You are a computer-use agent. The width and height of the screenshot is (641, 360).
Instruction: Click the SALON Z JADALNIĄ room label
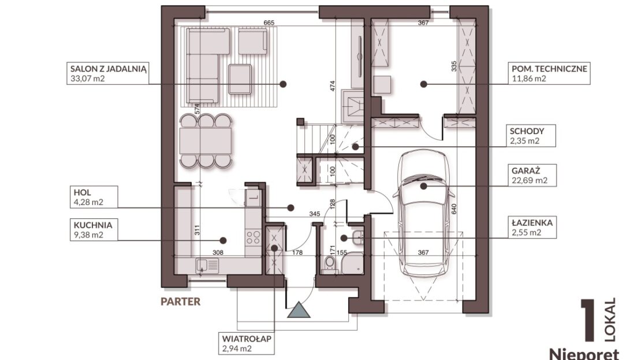coord(107,73)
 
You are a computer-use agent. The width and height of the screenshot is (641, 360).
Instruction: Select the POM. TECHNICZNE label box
coord(549,73)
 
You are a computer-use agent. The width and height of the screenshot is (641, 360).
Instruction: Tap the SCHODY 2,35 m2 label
coord(531,136)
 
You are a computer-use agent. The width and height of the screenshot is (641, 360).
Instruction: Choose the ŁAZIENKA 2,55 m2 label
coord(532,228)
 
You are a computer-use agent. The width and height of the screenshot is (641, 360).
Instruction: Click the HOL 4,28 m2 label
coord(94,197)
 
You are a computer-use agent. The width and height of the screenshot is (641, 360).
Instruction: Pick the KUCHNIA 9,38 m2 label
coord(94,230)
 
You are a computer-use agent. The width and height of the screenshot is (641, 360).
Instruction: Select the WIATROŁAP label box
coord(247,344)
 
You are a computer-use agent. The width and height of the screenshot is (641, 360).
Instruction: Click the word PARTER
coord(180,302)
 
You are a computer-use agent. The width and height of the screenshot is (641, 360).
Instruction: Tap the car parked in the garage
coord(423,213)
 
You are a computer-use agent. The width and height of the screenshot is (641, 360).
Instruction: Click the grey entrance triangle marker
coord(299,310)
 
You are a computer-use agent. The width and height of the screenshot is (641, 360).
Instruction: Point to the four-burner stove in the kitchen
coord(254,237)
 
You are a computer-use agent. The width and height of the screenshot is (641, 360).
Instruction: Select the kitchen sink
coord(207,265)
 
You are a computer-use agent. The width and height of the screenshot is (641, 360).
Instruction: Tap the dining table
coord(205,141)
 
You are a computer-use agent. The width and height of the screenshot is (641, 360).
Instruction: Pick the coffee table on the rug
coord(240,79)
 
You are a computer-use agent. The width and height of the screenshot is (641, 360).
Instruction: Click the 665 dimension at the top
coord(269,23)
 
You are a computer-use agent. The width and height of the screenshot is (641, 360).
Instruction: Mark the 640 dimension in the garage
coord(454,209)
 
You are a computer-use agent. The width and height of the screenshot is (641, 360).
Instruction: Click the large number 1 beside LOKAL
coord(588,321)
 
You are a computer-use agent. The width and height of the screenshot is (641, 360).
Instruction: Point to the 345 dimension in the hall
coord(314,214)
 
